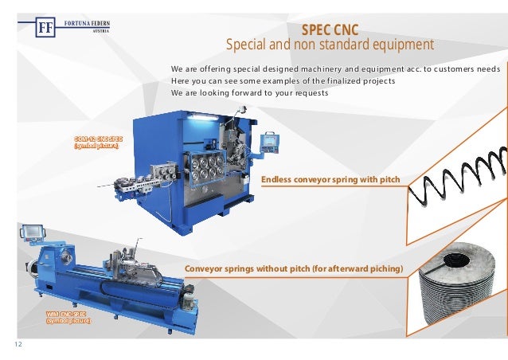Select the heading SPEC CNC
[x=330, y=29]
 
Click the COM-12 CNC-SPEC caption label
[x=96, y=143]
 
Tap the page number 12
[x=18, y=343]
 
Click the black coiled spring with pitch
[x=458, y=183]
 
